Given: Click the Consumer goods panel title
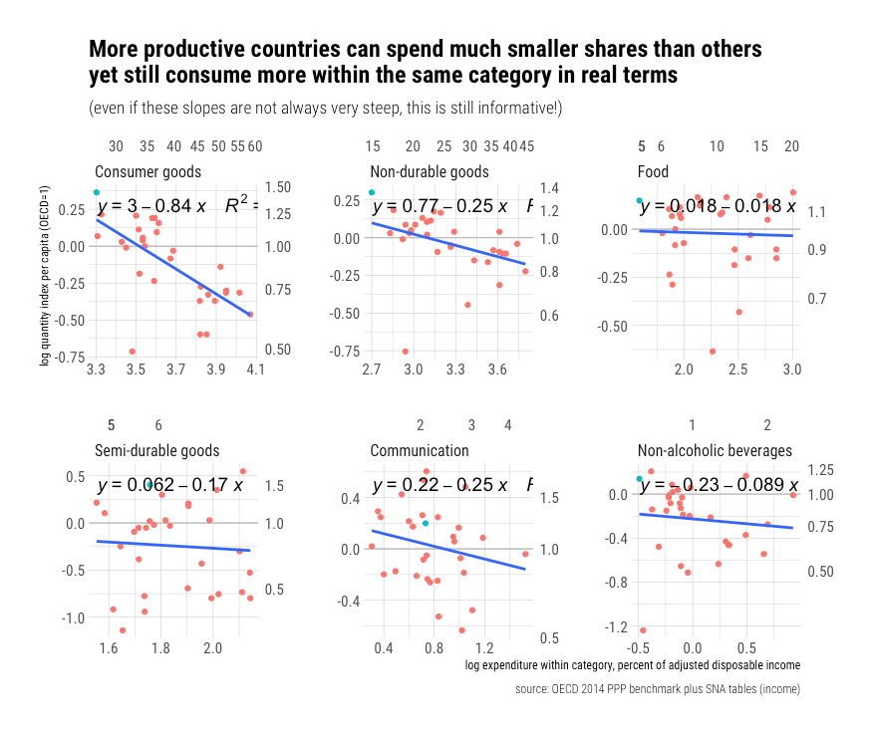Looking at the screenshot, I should (147, 171).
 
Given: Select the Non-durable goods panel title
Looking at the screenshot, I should (429, 171).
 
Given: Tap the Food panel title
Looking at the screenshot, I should (653, 171).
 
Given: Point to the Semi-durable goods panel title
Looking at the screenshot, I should (156, 451).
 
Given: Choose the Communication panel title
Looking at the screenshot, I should (419, 451).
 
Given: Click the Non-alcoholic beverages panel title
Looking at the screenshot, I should (715, 451).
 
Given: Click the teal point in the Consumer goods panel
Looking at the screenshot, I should (97, 192).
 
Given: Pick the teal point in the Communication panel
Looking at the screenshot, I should (426, 523).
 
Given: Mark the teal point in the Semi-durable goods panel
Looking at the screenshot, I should (149, 485).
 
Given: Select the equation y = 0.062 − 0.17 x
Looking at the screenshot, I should (169, 486).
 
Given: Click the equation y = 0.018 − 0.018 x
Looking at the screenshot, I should (718, 206).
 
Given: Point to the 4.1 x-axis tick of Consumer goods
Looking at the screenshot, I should (255, 370).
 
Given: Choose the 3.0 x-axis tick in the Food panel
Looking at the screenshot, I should (792, 370).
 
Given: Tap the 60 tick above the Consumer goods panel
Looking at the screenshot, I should (255, 146).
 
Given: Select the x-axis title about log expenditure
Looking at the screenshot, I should (633, 664).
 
